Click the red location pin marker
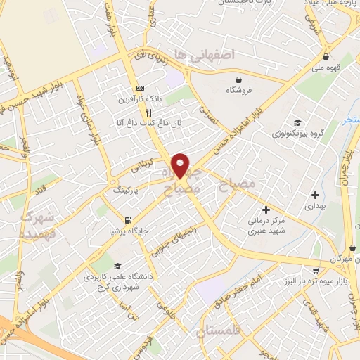pyautogui.click(x=181, y=165)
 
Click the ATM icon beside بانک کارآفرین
pyautogui.click(x=140, y=88)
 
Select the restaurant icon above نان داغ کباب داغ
pyautogui.click(x=148, y=112)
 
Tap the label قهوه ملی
pyautogui.click(x=327, y=68)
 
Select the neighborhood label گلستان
pyautogui.click(x=218, y=329)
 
